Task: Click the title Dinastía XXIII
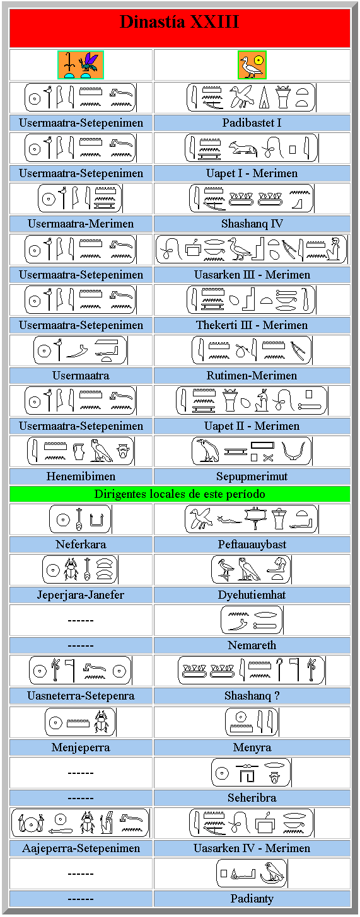[180, 21]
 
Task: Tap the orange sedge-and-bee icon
[80, 65]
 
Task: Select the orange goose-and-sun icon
[252, 65]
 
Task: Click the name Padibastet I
[252, 123]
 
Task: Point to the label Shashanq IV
[252, 224]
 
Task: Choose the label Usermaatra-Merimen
[81, 224]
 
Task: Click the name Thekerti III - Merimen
[252, 325]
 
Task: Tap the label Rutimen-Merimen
[252, 376]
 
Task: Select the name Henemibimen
[81, 476]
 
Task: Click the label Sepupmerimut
[252, 476]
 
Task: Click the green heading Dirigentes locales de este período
[180, 493]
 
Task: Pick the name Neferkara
[81, 544]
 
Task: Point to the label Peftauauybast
[252, 544]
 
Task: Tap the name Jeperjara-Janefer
[81, 594]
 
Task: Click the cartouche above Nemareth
[252, 620]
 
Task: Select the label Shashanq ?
[252, 696]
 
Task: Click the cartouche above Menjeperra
[81, 722]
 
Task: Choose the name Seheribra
[252, 797]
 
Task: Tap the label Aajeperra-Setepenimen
[81, 848]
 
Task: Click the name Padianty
[252, 898]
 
